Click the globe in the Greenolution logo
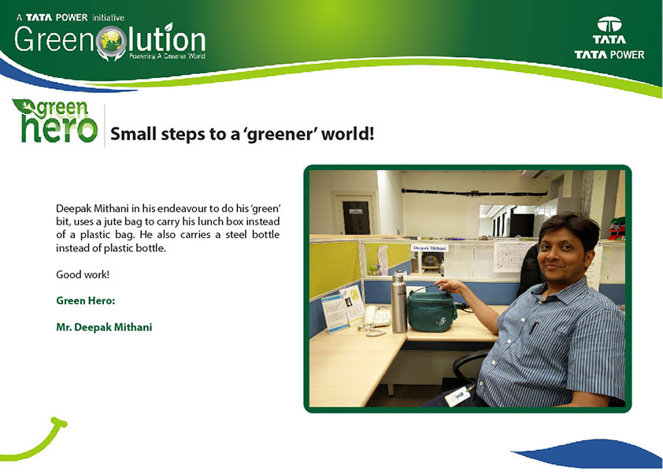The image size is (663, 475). click(x=111, y=41)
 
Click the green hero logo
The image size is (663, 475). click(x=55, y=121)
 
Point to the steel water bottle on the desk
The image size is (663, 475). click(x=398, y=302)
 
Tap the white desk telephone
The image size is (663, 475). click(x=376, y=317)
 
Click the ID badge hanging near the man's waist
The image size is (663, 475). click(x=457, y=396)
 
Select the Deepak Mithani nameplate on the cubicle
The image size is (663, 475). click(x=430, y=248)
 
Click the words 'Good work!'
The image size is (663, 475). click(x=83, y=274)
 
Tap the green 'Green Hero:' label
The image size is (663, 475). click(x=85, y=301)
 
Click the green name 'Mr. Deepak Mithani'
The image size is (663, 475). click(x=104, y=327)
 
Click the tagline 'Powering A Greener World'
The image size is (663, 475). click(x=167, y=56)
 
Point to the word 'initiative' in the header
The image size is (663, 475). click(x=108, y=18)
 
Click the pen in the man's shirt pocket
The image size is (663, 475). click(x=534, y=328)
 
